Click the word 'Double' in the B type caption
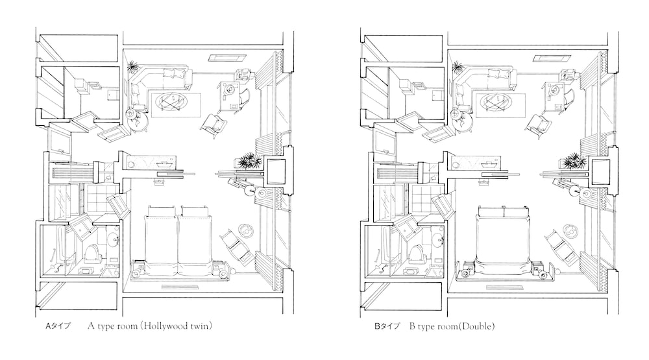(478, 326)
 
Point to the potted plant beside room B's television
(574, 160)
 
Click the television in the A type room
(276, 171)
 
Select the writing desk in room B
(555, 95)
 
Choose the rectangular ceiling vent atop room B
(547, 58)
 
